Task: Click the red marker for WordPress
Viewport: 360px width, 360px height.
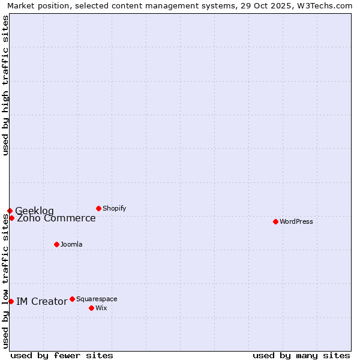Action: coord(275,221)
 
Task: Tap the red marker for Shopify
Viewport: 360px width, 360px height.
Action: coord(98,208)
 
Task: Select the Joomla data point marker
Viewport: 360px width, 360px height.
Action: coord(56,244)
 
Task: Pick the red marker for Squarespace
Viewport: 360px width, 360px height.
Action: coord(72,299)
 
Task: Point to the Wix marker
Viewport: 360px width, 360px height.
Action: coord(91,308)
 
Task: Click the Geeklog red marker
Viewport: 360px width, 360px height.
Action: coord(10,211)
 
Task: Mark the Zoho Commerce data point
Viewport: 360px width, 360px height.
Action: coord(11,218)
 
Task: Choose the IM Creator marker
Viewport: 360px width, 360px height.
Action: coord(11,301)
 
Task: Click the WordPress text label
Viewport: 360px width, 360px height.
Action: coord(296,221)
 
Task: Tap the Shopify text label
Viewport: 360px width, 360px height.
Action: coord(114,208)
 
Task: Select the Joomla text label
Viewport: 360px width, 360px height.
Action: coord(71,244)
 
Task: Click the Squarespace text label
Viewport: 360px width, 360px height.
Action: coord(97,299)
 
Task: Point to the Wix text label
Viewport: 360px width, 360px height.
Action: coord(101,308)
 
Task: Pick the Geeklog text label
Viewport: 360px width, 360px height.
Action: coord(34,211)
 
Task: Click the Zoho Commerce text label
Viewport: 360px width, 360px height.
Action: coord(56,218)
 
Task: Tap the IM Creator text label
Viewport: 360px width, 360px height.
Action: coord(41,301)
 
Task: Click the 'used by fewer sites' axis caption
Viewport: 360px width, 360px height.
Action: coord(62,355)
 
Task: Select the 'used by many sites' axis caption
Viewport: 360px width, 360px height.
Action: coord(301,355)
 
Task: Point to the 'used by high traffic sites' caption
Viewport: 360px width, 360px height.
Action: coord(5,85)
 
